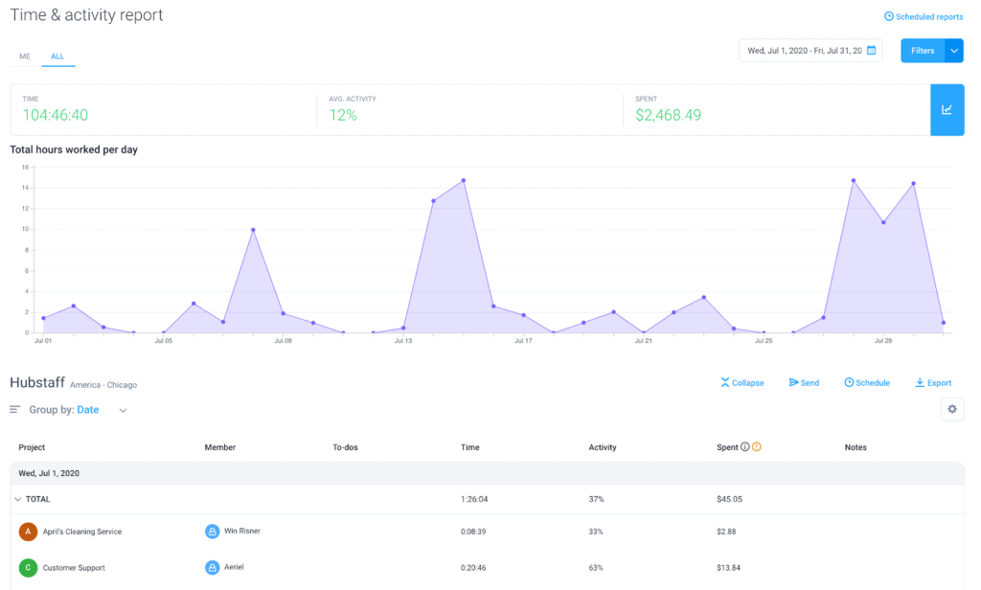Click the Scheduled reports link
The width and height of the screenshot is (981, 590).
click(x=924, y=16)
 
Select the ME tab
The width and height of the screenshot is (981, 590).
click(x=25, y=57)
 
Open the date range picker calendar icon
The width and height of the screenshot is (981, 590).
click(x=872, y=51)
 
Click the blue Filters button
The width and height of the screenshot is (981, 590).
click(x=923, y=51)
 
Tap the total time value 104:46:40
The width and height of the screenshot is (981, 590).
click(x=56, y=115)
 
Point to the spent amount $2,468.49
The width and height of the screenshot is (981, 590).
click(x=669, y=115)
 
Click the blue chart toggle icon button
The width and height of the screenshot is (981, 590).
click(x=947, y=109)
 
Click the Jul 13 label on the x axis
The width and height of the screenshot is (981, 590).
click(x=402, y=341)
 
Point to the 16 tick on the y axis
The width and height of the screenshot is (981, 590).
click(x=26, y=167)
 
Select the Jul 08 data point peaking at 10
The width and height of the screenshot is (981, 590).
click(x=253, y=230)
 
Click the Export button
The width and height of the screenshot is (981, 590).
click(x=933, y=383)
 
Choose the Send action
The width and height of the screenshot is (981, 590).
click(x=804, y=383)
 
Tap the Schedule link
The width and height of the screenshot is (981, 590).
click(x=867, y=383)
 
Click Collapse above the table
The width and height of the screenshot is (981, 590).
click(x=742, y=383)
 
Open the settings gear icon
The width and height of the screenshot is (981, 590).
click(x=952, y=409)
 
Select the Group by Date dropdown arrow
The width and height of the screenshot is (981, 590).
click(x=123, y=411)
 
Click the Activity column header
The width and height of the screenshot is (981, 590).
click(x=603, y=447)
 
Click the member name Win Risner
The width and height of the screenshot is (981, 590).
click(x=242, y=531)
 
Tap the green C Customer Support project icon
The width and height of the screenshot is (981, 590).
click(x=28, y=568)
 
